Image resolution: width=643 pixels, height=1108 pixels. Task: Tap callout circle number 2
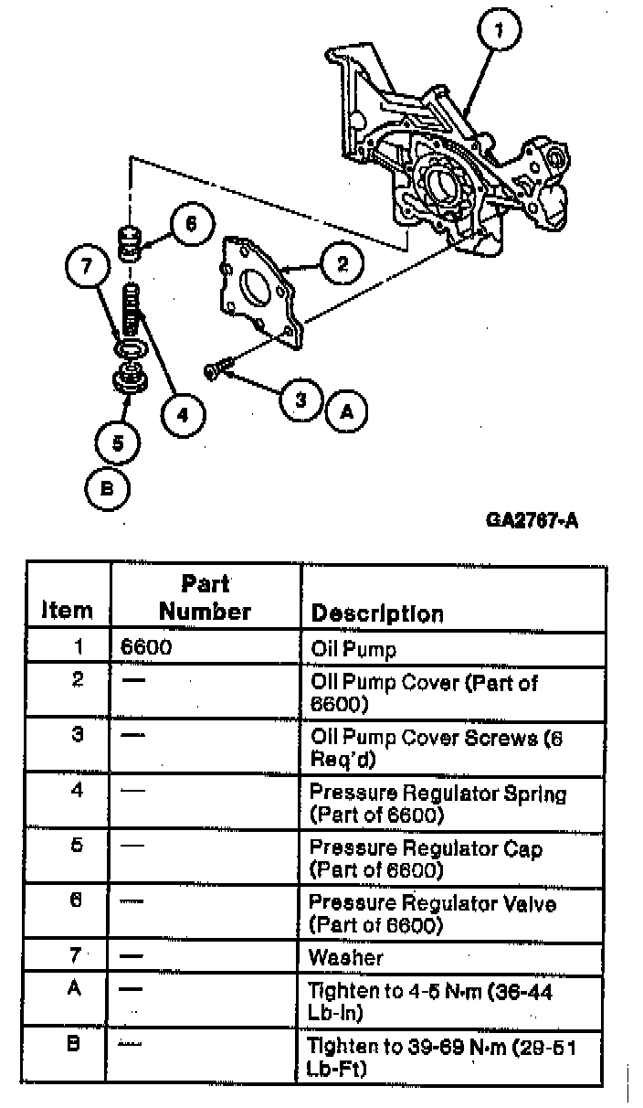(x=343, y=264)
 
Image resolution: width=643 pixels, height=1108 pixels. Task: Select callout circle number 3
(x=300, y=399)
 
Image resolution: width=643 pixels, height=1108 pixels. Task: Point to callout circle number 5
(x=118, y=443)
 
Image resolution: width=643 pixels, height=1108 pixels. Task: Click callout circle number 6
(x=190, y=225)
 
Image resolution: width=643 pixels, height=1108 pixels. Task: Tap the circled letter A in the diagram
(x=346, y=411)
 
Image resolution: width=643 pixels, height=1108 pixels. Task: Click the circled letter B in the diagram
(x=107, y=488)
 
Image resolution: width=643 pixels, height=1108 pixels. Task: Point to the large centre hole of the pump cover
(x=255, y=293)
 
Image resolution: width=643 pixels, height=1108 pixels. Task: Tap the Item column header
(x=69, y=610)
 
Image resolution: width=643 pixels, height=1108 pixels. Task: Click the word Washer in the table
(x=346, y=957)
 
